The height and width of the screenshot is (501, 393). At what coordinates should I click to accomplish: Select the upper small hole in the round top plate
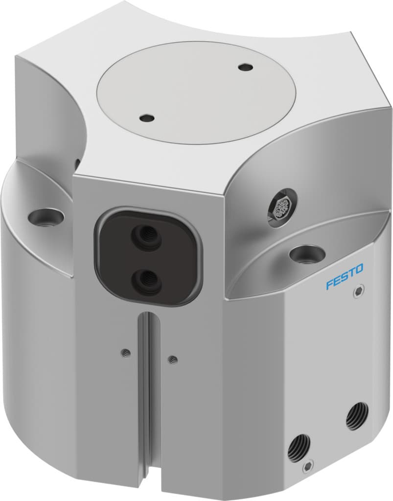(243, 67)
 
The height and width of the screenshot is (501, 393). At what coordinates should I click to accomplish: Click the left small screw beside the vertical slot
(126, 351)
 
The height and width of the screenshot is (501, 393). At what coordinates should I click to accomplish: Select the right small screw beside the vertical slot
(172, 360)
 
